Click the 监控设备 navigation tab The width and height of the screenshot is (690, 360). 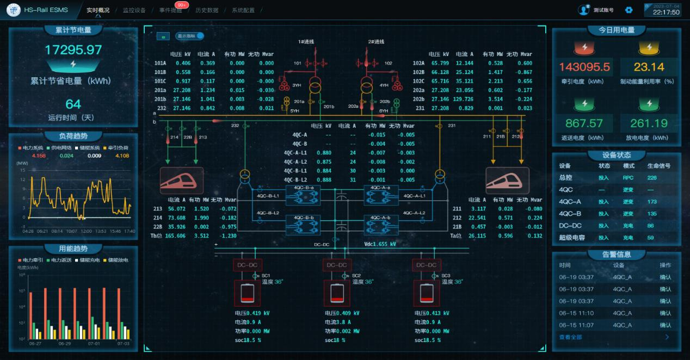point(134,10)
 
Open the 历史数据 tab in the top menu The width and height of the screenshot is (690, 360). point(207,10)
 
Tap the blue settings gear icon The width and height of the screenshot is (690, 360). point(629,10)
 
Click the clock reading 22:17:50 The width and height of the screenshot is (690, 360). point(666,13)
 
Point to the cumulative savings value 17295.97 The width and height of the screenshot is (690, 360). point(73,50)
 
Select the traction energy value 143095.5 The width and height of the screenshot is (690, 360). point(584,67)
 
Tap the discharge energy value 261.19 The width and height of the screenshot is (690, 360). point(649,123)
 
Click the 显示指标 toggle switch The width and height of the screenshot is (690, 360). point(200,36)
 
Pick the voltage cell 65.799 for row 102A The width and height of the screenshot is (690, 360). point(440,63)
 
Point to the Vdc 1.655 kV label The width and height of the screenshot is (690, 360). point(380,245)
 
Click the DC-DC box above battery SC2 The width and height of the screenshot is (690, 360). point(337,265)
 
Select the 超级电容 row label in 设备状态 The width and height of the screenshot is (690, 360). point(572,238)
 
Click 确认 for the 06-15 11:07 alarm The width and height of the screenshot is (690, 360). point(665,325)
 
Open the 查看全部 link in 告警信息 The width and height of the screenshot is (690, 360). point(570,337)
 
